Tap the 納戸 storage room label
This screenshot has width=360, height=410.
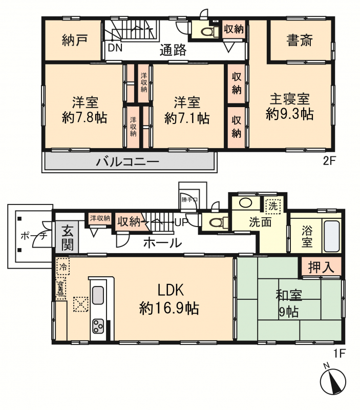(74, 40)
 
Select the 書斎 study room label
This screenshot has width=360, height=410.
(300, 40)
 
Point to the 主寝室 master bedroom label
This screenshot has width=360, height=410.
(290, 99)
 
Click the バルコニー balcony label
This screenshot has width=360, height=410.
(128, 162)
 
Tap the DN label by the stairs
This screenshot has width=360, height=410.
(115, 48)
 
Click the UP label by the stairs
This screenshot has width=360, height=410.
(181, 222)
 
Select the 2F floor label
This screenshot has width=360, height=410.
(329, 161)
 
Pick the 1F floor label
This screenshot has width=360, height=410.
(340, 354)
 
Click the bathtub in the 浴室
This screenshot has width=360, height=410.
(332, 236)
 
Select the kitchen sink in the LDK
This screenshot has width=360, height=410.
(98, 295)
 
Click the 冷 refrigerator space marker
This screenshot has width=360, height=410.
(63, 266)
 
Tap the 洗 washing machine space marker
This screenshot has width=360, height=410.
(273, 206)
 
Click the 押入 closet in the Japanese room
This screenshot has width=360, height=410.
(321, 267)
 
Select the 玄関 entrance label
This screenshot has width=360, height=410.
(68, 237)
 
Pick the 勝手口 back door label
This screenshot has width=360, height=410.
(189, 200)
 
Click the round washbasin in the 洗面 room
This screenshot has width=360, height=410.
(246, 202)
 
